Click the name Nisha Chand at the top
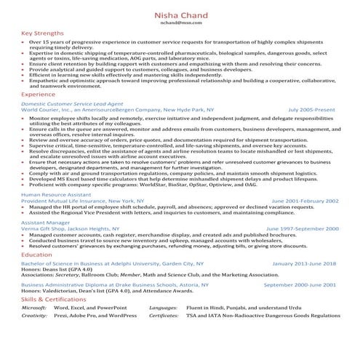pos(180,15)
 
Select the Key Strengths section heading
pos(41,33)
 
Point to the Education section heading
pos(36,255)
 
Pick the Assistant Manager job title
pos(45,222)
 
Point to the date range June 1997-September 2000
pos(302,228)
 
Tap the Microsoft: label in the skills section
pos(34,308)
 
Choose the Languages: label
pos(162,308)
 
